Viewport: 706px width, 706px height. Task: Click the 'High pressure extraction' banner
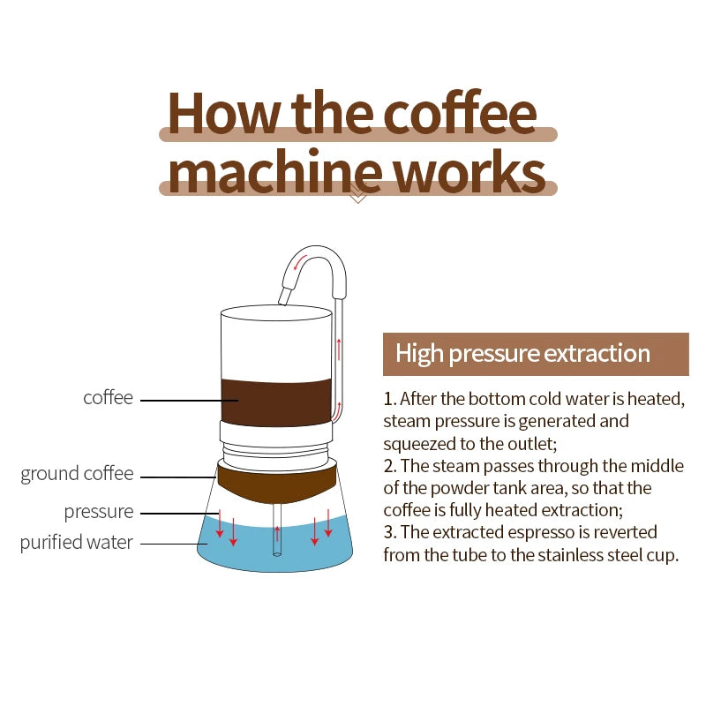click(x=535, y=354)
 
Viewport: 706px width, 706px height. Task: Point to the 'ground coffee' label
click(x=78, y=474)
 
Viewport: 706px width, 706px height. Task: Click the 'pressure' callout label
click(x=99, y=512)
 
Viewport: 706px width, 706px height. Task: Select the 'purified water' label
click(x=77, y=542)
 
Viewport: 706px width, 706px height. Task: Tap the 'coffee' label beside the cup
click(x=108, y=398)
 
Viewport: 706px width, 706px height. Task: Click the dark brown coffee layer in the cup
click(x=274, y=402)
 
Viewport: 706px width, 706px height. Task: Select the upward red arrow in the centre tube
click(x=277, y=533)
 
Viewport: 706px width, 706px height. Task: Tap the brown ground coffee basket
click(x=274, y=480)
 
